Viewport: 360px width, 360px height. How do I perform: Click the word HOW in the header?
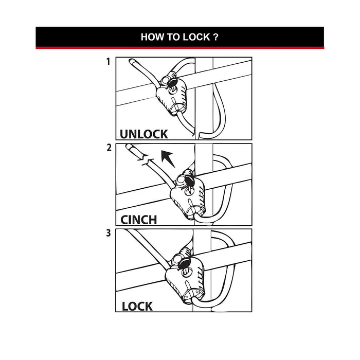point(152,37)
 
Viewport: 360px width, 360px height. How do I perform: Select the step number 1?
point(108,62)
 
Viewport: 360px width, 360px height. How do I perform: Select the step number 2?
point(108,148)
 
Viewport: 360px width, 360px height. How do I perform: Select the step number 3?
point(108,233)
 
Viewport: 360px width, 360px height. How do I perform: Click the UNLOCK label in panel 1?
point(143,134)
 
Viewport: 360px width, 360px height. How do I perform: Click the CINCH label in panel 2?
point(139,220)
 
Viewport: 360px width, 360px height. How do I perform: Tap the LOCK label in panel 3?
point(137,306)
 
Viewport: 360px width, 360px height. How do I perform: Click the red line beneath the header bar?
point(179,48)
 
